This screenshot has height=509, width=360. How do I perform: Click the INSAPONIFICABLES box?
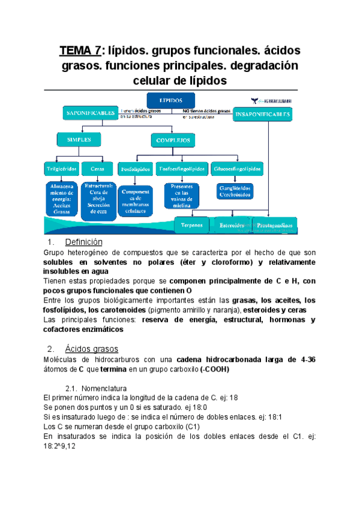(263, 114)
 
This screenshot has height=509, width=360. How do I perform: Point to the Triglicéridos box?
(61, 169)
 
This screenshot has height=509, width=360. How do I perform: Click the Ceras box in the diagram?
(96, 169)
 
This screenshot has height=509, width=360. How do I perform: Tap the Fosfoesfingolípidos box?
(182, 169)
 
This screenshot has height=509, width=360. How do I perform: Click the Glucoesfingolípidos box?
(236, 169)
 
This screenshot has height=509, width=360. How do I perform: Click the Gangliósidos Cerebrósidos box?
(235, 191)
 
